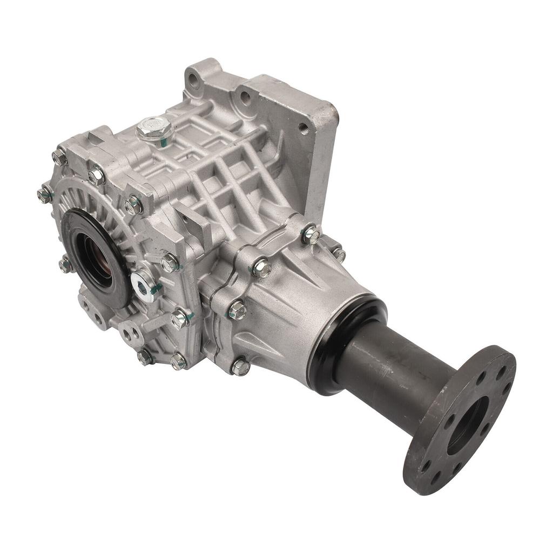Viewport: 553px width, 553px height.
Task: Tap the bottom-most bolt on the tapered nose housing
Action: (x=241, y=367)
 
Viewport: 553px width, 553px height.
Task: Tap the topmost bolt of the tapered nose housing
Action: (x=311, y=234)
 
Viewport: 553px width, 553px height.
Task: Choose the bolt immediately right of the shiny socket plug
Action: (x=169, y=263)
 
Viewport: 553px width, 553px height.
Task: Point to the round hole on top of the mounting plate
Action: (x=245, y=97)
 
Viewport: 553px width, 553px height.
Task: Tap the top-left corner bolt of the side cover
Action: (x=59, y=157)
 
